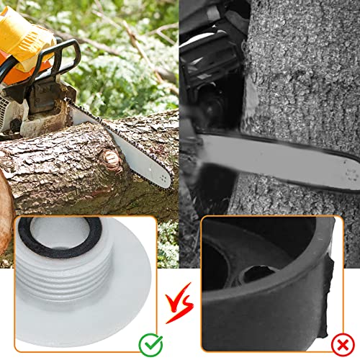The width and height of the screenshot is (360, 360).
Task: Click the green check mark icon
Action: (x=150, y=345)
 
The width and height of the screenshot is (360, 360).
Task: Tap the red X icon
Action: (x=343, y=345)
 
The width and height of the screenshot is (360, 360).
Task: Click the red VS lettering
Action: (x=179, y=302)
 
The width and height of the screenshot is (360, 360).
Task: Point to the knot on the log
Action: (x=111, y=159)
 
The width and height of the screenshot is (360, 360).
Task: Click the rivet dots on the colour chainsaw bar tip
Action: (x=163, y=178)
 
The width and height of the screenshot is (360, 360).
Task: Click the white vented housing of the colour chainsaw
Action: (x=6, y=113)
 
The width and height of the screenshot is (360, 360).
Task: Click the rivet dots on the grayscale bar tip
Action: (x=351, y=175)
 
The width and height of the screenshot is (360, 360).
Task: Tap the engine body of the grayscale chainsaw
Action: (x=211, y=72)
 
